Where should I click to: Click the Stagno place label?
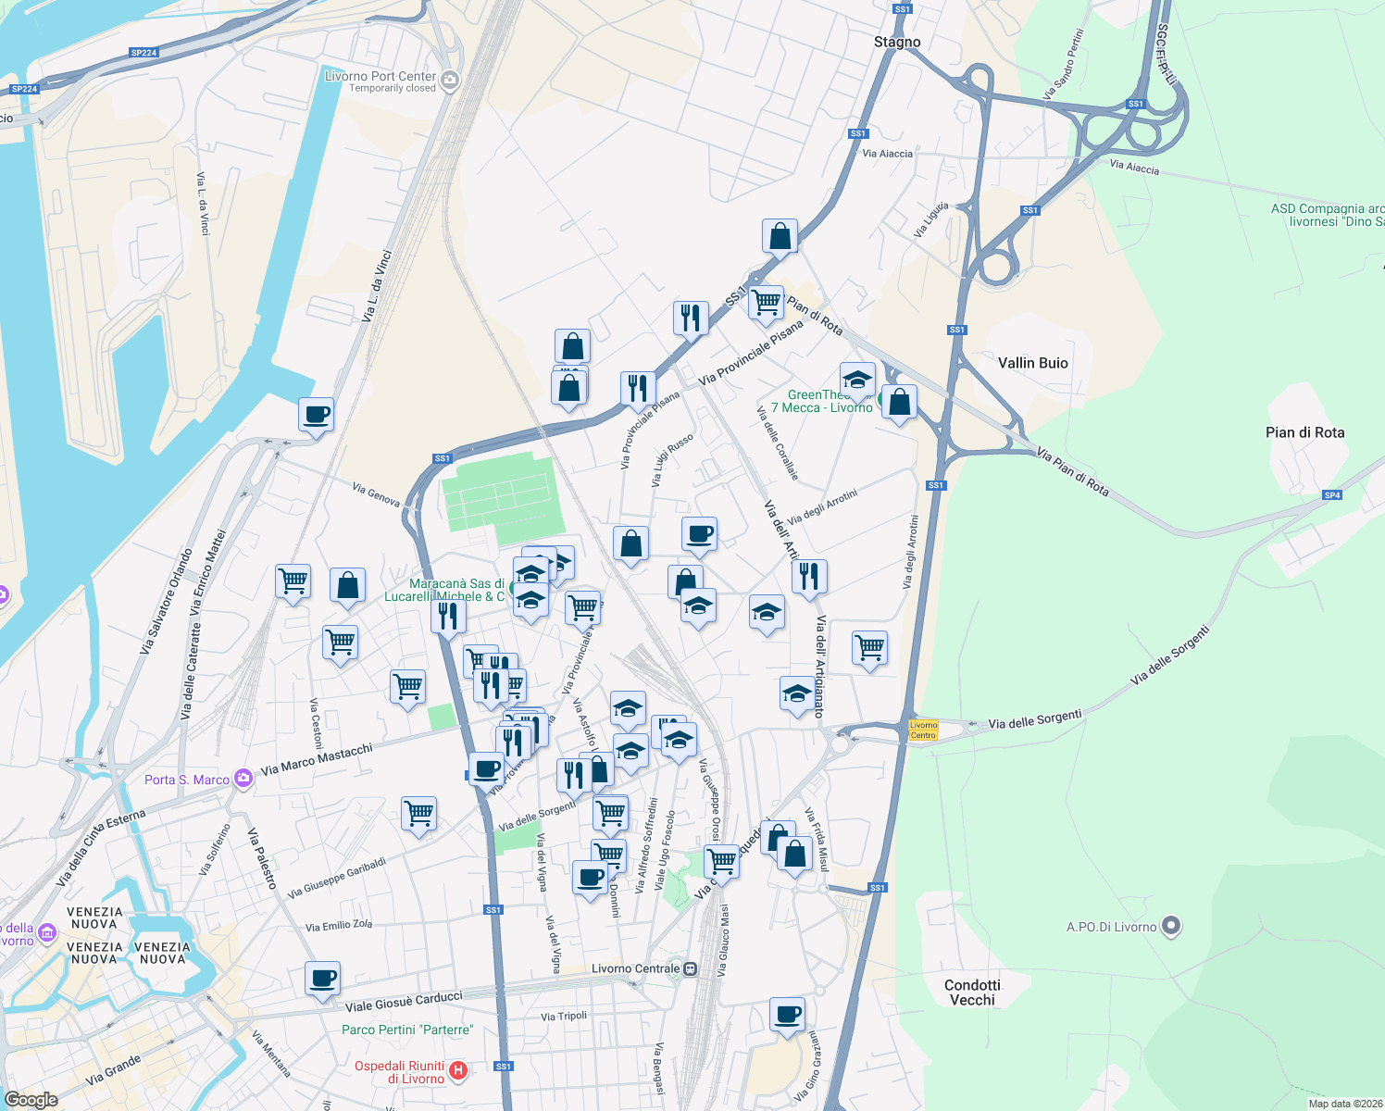click(897, 43)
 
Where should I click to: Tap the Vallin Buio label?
click(1032, 363)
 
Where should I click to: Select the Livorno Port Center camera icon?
click(450, 81)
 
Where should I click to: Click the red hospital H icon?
click(458, 1072)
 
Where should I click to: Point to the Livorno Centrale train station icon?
click(691, 969)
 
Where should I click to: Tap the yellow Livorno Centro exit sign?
click(923, 730)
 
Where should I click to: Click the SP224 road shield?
click(143, 53)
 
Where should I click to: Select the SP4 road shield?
click(1331, 495)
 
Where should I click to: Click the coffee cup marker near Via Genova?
click(316, 415)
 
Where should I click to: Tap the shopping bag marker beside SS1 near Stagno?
click(780, 237)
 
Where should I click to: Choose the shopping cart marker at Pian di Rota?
click(766, 303)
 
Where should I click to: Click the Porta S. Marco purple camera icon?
click(243, 779)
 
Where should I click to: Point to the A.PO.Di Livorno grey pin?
click(1171, 926)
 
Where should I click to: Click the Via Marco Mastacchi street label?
click(317, 759)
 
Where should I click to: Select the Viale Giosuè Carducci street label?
click(404, 1002)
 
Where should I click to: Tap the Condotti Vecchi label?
click(972, 992)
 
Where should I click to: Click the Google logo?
click(31, 1099)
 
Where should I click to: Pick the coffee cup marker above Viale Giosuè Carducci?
click(322, 979)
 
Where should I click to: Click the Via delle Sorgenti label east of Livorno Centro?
click(1034, 719)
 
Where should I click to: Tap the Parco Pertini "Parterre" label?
click(407, 1030)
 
